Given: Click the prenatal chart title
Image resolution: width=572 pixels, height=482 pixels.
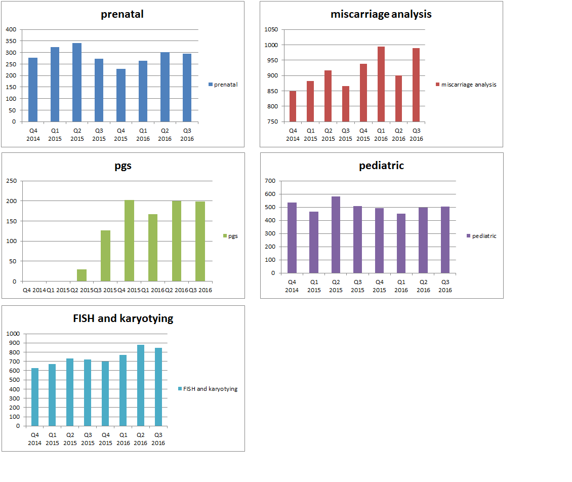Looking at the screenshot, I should [122, 14].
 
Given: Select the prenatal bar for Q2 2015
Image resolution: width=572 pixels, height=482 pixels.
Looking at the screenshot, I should [77, 83].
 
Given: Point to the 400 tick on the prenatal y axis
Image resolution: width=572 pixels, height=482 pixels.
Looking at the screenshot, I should [11, 29].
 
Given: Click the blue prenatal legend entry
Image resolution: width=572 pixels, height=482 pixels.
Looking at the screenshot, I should [223, 85].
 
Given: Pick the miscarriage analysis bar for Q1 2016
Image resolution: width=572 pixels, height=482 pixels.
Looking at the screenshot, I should [381, 84].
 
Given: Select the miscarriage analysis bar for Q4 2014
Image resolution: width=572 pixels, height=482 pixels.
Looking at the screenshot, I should [293, 106].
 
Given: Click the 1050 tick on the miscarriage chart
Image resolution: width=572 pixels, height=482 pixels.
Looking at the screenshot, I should [271, 29].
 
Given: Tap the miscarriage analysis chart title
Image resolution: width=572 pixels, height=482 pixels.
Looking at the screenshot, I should [381, 14].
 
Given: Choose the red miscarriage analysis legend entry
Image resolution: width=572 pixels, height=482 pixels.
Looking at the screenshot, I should [466, 85].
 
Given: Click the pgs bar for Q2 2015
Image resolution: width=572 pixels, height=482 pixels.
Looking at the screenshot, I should [81, 275].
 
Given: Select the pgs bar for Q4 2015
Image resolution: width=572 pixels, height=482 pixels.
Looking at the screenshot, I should [129, 241].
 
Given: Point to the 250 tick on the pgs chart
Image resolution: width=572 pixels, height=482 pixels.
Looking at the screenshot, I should [11, 181].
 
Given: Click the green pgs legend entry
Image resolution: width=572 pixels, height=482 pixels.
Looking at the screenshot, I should [230, 236].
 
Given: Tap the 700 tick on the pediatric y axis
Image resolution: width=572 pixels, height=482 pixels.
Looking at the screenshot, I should [270, 181].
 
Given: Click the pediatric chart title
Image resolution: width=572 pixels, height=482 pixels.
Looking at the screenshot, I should [381, 166].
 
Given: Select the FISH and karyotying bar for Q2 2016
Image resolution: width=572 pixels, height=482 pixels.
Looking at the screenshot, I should [140, 385].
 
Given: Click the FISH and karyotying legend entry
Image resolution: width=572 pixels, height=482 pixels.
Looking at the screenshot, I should [208, 389].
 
